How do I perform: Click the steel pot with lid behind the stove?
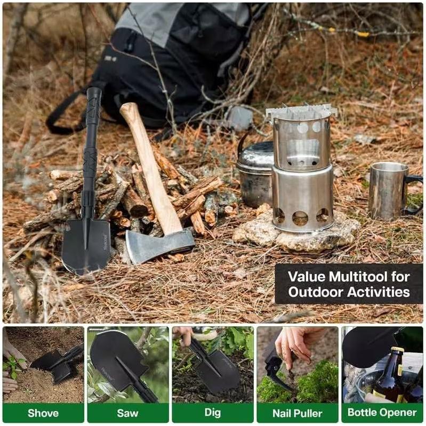point(255,171)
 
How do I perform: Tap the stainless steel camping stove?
point(302,171)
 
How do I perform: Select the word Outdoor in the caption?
point(315,292)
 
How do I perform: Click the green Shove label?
point(43,413)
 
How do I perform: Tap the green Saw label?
point(127,413)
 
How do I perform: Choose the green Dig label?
point(212,413)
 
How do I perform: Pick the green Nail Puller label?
point(297,413)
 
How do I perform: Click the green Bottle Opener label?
point(382,413)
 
